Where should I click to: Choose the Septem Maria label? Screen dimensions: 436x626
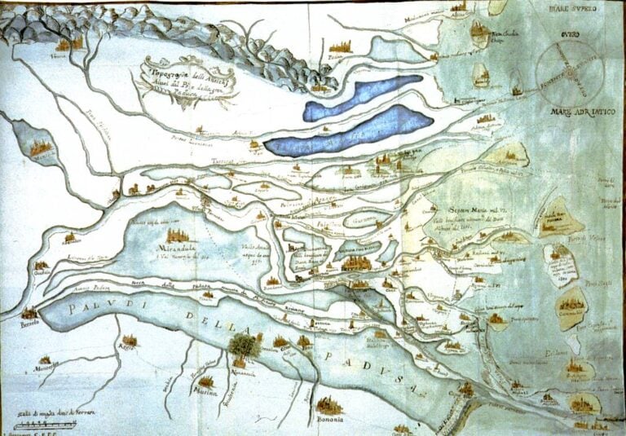click(473, 207)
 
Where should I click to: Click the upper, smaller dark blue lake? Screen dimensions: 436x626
click(363, 96)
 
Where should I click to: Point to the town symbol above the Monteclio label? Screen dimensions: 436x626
click(45, 359)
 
